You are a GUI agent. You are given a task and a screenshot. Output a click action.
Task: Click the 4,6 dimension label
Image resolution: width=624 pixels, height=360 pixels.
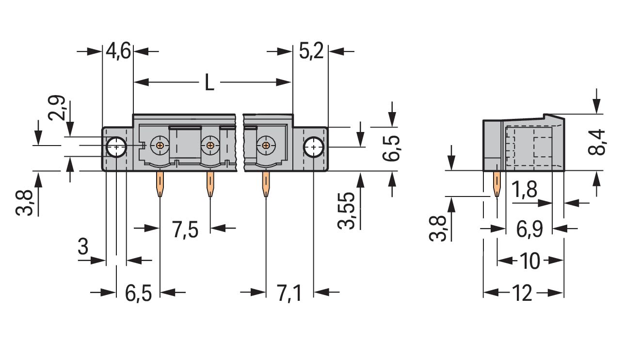[x=118, y=51]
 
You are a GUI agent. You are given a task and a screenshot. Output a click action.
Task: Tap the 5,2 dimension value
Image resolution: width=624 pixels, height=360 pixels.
[x=311, y=51]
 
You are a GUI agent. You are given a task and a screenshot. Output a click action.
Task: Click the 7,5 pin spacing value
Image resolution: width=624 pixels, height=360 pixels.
[x=185, y=229]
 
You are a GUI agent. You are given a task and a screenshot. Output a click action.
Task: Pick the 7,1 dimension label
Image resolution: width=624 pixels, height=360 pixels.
[x=289, y=294]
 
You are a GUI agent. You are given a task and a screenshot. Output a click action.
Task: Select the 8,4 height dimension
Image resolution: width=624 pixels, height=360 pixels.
[x=597, y=142]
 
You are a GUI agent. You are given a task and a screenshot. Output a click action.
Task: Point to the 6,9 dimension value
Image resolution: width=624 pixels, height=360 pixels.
[x=529, y=229]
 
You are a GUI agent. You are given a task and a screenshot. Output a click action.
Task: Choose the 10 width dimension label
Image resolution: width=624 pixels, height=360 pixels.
[x=530, y=262]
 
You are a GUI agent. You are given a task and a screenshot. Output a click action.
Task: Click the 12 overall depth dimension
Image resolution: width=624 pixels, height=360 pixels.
[x=522, y=294]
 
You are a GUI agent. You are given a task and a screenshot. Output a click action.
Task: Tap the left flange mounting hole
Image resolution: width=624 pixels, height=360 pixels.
[x=116, y=147]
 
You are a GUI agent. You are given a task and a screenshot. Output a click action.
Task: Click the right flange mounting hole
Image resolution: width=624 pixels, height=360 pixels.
[x=314, y=147]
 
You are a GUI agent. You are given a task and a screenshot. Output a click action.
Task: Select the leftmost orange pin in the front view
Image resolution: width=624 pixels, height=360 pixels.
[x=160, y=184]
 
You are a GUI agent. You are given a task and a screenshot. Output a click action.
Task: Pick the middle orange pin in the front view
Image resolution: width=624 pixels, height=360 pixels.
[x=210, y=184]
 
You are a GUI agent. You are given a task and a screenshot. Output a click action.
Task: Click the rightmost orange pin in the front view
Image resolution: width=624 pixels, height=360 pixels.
[x=266, y=184]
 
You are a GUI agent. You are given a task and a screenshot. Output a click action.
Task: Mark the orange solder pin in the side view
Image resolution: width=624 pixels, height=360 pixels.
[x=497, y=184]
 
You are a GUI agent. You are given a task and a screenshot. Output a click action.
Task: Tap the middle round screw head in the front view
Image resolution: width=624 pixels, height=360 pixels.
[x=209, y=145]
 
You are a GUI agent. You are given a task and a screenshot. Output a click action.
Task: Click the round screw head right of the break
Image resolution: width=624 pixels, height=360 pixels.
[x=265, y=145]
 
